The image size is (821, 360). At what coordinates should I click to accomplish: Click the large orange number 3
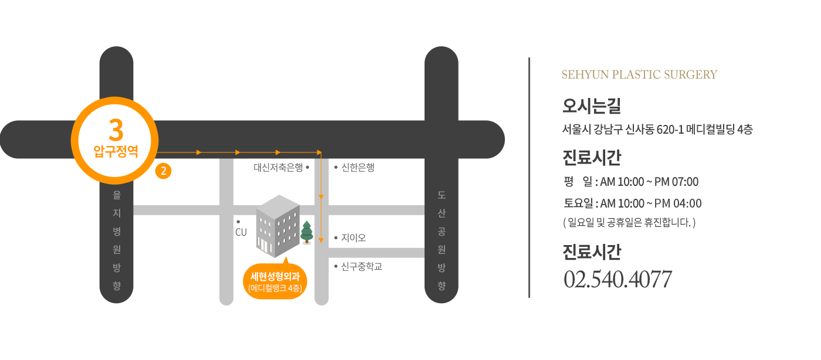point(116,130)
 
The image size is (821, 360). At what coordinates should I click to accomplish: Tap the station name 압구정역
point(116,151)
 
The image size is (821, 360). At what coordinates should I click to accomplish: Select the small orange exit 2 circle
point(164,171)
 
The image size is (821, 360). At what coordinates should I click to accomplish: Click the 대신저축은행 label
point(279,168)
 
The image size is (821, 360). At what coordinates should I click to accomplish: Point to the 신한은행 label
point(358,168)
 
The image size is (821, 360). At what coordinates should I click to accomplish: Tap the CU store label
point(241,232)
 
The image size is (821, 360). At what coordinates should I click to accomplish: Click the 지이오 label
point(353,238)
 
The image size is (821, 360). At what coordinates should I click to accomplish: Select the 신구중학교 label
point(361,267)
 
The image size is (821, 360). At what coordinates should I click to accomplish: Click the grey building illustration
point(278,226)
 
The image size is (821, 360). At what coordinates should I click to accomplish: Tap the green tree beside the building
point(307,232)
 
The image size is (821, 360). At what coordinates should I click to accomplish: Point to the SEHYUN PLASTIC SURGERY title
point(639,75)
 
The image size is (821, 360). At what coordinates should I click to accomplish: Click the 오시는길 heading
point(592,106)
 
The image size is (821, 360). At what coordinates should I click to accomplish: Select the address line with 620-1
point(657,130)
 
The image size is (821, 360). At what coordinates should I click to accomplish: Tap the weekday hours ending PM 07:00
point(631,182)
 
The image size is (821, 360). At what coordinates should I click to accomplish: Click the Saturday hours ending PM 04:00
point(633,203)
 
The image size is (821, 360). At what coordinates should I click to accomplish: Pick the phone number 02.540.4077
point(618,279)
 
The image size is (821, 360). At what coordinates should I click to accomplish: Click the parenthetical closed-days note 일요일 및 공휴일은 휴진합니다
point(629,223)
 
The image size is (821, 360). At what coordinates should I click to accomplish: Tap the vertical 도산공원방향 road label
point(442,240)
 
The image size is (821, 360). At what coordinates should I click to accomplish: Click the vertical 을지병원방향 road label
point(117,240)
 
